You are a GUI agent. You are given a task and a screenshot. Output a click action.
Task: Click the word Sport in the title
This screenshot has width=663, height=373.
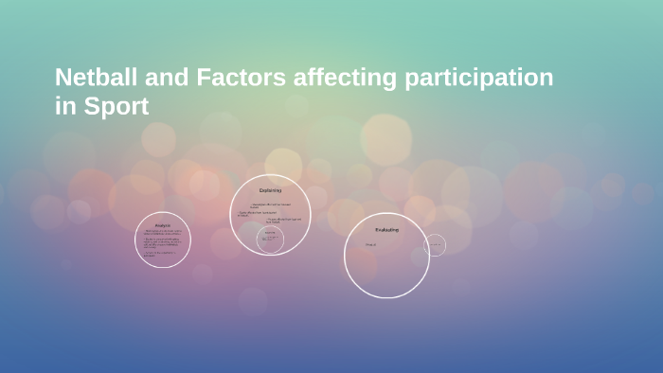(x=115, y=107)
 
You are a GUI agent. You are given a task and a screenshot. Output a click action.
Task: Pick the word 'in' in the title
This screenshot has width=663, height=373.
(x=64, y=107)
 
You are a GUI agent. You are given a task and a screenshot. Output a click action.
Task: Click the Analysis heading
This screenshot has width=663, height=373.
(x=163, y=225)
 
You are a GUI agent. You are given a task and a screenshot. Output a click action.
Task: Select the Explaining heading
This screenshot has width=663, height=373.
(x=271, y=190)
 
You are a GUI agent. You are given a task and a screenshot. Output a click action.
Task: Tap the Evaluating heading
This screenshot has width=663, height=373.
(x=386, y=230)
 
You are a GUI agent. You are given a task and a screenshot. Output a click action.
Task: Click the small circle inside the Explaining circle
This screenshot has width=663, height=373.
(x=271, y=239)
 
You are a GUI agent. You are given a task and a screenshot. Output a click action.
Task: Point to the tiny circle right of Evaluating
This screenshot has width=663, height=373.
(x=435, y=245)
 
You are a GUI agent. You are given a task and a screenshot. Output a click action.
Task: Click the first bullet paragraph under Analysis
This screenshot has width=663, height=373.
(x=163, y=233)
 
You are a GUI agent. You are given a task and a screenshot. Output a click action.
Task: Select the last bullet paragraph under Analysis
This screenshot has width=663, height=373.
(x=161, y=254)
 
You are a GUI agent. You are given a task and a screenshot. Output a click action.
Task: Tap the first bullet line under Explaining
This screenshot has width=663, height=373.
(x=271, y=204)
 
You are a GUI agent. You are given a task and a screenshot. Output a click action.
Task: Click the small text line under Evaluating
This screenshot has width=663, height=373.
(x=371, y=245)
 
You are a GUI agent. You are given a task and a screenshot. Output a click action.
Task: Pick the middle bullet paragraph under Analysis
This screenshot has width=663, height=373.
(x=163, y=243)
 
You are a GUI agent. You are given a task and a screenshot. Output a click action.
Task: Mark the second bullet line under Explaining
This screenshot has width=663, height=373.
(x=258, y=213)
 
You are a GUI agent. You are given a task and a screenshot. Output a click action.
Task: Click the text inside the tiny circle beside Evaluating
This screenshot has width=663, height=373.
(x=435, y=245)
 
